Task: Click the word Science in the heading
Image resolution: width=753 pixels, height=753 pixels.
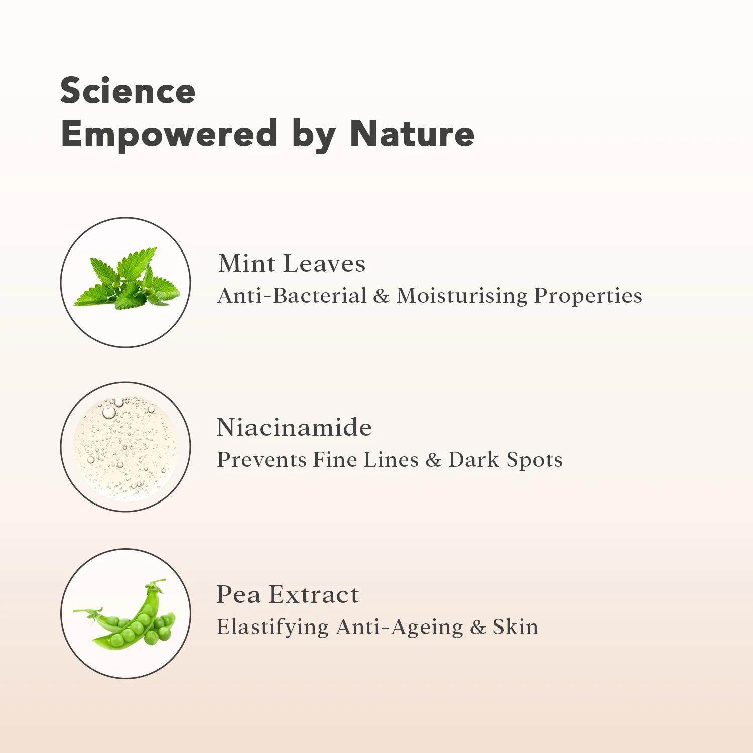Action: (128, 91)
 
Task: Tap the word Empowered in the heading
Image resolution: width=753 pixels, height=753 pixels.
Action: (169, 135)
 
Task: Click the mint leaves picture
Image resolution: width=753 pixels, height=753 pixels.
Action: (127, 278)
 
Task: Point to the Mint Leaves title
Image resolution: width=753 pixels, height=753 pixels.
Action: (292, 264)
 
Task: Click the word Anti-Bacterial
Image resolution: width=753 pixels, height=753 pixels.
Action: (292, 296)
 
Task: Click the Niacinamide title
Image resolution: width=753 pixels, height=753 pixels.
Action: (294, 427)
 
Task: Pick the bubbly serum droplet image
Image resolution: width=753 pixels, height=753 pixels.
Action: (125, 447)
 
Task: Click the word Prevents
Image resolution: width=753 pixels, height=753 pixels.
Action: (262, 460)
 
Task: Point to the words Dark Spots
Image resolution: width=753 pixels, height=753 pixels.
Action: (506, 460)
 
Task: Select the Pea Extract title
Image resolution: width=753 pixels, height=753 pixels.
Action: (288, 594)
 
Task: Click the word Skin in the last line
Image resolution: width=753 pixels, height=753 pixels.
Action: (516, 627)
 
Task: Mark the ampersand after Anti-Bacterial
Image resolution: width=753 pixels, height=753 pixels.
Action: (382, 296)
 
